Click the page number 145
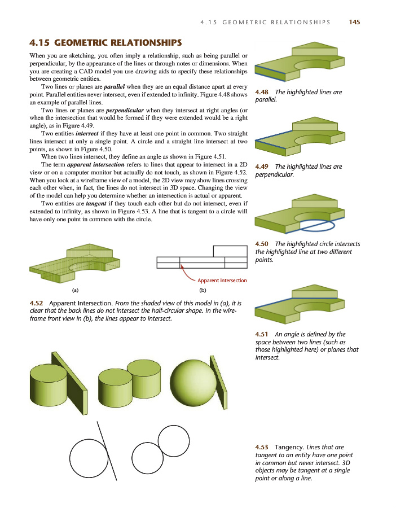pyautogui.click(x=354, y=22)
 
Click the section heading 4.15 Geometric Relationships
pyautogui.click(x=105, y=43)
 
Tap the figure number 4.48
pyautogui.click(x=262, y=92)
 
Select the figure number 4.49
pyautogui.click(x=262, y=167)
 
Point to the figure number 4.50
pyautogui.click(x=262, y=244)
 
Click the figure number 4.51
pyautogui.click(x=262, y=334)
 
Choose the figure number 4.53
pyautogui.click(x=262, y=447)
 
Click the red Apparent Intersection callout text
pyautogui.click(x=222, y=281)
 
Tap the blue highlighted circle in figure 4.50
pyautogui.click(x=316, y=225)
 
